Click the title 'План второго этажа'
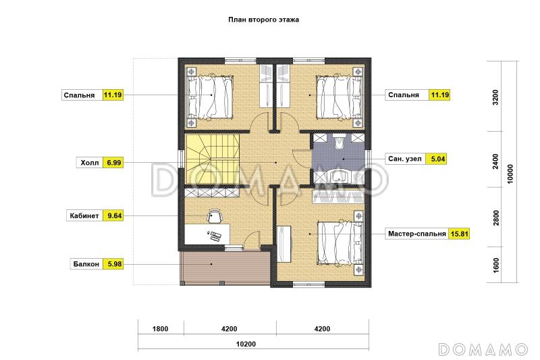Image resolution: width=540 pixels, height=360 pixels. coord(263,20)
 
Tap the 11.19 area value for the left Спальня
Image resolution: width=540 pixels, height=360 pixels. coord(113,95)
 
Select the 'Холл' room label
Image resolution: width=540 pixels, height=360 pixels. coord(90,163)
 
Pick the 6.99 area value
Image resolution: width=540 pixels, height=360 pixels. coord(113,163)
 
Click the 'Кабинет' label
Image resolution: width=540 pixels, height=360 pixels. coord(84,215)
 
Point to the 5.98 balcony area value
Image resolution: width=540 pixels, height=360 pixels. coord(115,264)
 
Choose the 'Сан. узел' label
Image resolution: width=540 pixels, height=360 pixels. coord(404,159)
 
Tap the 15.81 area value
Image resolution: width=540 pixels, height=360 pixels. coord(460,234)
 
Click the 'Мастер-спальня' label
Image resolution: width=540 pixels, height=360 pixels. coord(417,234)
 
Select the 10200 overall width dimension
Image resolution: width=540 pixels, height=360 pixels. coord(246,344)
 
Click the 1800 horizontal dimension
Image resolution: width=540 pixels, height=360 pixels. coord(161,329)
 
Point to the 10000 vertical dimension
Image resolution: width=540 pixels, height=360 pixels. coord(510,174)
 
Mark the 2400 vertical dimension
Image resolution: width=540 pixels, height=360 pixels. coord(495,161)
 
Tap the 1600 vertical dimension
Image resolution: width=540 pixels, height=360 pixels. coord(496,265)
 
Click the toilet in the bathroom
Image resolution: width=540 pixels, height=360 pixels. coord(340,142)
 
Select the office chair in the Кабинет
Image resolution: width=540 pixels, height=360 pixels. coord(215,216)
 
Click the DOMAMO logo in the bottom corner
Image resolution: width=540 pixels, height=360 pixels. coord(483,349)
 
